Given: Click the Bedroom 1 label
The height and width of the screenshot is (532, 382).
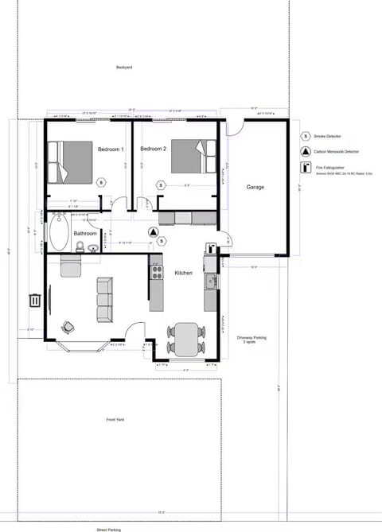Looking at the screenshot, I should [111, 150].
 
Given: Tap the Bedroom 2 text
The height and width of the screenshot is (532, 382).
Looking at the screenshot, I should [153, 150].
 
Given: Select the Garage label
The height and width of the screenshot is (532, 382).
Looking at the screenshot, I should [255, 188].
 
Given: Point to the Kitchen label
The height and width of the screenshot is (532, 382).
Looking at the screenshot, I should [184, 273].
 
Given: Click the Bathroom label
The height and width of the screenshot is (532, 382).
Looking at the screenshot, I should [85, 234].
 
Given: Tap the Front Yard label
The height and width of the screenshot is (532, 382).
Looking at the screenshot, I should [115, 420].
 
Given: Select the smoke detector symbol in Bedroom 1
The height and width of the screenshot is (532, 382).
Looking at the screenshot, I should [101, 182].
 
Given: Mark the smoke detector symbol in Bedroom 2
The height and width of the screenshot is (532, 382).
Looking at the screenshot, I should [161, 185].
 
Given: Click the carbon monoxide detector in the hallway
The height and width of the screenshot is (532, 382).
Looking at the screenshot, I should [154, 232].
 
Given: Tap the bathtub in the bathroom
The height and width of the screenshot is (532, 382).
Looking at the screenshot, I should [58, 232].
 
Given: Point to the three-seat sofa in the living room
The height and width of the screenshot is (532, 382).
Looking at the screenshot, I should [104, 300].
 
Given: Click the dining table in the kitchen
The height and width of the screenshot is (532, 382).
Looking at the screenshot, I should [186, 339].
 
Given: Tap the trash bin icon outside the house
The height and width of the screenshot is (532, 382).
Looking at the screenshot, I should [35, 300].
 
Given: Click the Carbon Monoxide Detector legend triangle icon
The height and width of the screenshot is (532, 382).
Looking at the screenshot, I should [306, 152].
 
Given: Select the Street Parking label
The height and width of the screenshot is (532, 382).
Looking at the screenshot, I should [109, 528].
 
